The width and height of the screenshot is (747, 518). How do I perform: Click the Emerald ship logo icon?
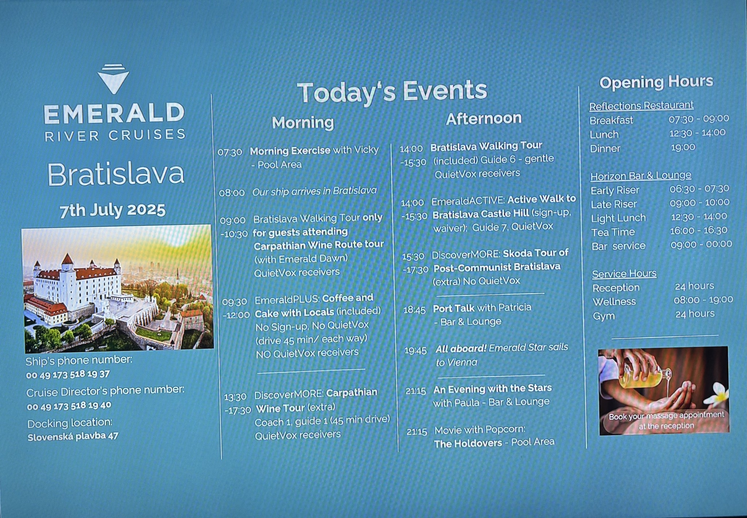click(x=113, y=79)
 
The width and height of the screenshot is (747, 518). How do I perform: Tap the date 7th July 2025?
click(x=112, y=210)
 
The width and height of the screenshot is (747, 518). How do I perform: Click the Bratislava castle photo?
click(x=117, y=288)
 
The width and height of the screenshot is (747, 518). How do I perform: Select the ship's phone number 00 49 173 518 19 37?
click(x=68, y=374)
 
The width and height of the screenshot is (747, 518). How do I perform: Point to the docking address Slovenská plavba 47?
click(x=73, y=436)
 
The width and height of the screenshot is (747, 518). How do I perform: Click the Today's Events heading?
click(x=392, y=91)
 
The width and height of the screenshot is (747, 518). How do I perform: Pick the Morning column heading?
click(x=303, y=123)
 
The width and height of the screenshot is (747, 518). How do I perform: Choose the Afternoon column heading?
click(x=484, y=119)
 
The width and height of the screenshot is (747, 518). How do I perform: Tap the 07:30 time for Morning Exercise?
click(x=230, y=152)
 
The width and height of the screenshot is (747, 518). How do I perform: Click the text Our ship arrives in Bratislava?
click(x=314, y=191)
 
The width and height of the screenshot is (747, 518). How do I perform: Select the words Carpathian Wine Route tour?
click(x=319, y=245)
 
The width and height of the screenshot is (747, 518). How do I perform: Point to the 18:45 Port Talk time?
click(x=414, y=310)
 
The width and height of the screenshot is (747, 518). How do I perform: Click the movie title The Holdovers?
click(x=468, y=444)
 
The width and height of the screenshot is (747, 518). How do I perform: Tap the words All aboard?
click(x=461, y=349)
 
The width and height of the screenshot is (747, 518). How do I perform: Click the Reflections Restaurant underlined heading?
click(x=641, y=106)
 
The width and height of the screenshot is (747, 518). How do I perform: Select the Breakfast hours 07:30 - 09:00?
click(x=699, y=119)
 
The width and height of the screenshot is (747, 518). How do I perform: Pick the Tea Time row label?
click(x=613, y=232)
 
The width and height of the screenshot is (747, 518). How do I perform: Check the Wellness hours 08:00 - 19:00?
click(x=703, y=300)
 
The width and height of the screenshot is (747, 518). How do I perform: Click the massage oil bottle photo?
click(x=664, y=390)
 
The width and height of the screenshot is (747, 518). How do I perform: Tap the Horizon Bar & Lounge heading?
click(x=641, y=176)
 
